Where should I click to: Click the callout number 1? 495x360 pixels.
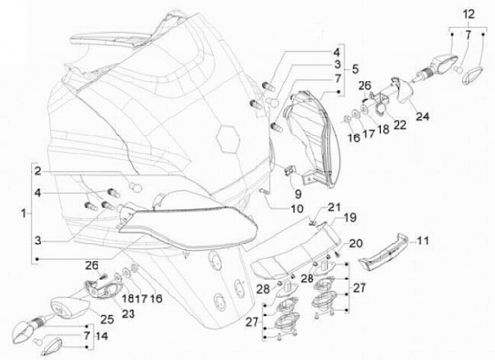tap(25, 214)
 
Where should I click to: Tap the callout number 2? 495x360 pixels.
tap(39, 170)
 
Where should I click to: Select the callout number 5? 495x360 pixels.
tap(355, 69)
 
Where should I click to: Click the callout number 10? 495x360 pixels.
tap(296, 208)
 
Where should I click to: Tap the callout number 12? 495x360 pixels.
tap(467, 14)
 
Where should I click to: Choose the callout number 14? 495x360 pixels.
tap(102, 336)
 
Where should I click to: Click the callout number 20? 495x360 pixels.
tap(355, 243)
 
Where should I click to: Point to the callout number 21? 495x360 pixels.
tap(333, 207)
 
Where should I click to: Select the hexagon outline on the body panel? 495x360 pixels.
tap(227, 135)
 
